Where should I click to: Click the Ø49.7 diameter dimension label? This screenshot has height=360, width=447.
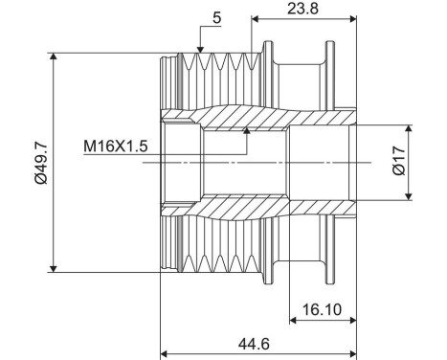click(x=41, y=163)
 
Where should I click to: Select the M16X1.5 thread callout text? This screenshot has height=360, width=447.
click(x=116, y=146)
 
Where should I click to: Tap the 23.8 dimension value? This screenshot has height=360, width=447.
click(x=302, y=9)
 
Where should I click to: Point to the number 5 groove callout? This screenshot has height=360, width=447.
click(x=216, y=18)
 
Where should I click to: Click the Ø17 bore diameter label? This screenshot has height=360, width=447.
click(x=399, y=161)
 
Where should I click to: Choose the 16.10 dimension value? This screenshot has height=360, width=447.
click(x=322, y=309)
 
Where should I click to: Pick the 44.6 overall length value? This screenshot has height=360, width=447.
click(x=254, y=344)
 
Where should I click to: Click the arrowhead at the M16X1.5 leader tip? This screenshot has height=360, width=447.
click(x=246, y=130)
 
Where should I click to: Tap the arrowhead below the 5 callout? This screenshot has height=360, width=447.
click(x=200, y=50)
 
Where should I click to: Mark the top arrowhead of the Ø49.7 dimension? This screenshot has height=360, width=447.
click(x=54, y=56)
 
